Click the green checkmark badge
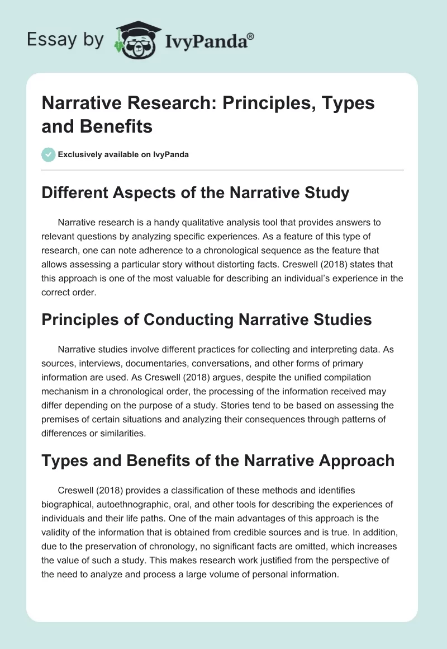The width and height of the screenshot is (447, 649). (49, 154)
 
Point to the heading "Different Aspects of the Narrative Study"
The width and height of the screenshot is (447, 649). (196, 193)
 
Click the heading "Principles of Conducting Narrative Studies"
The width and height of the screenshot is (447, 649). (207, 319)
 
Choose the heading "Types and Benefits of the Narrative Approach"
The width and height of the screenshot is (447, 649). (218, 460)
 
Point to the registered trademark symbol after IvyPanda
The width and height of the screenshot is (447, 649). (251, 35)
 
